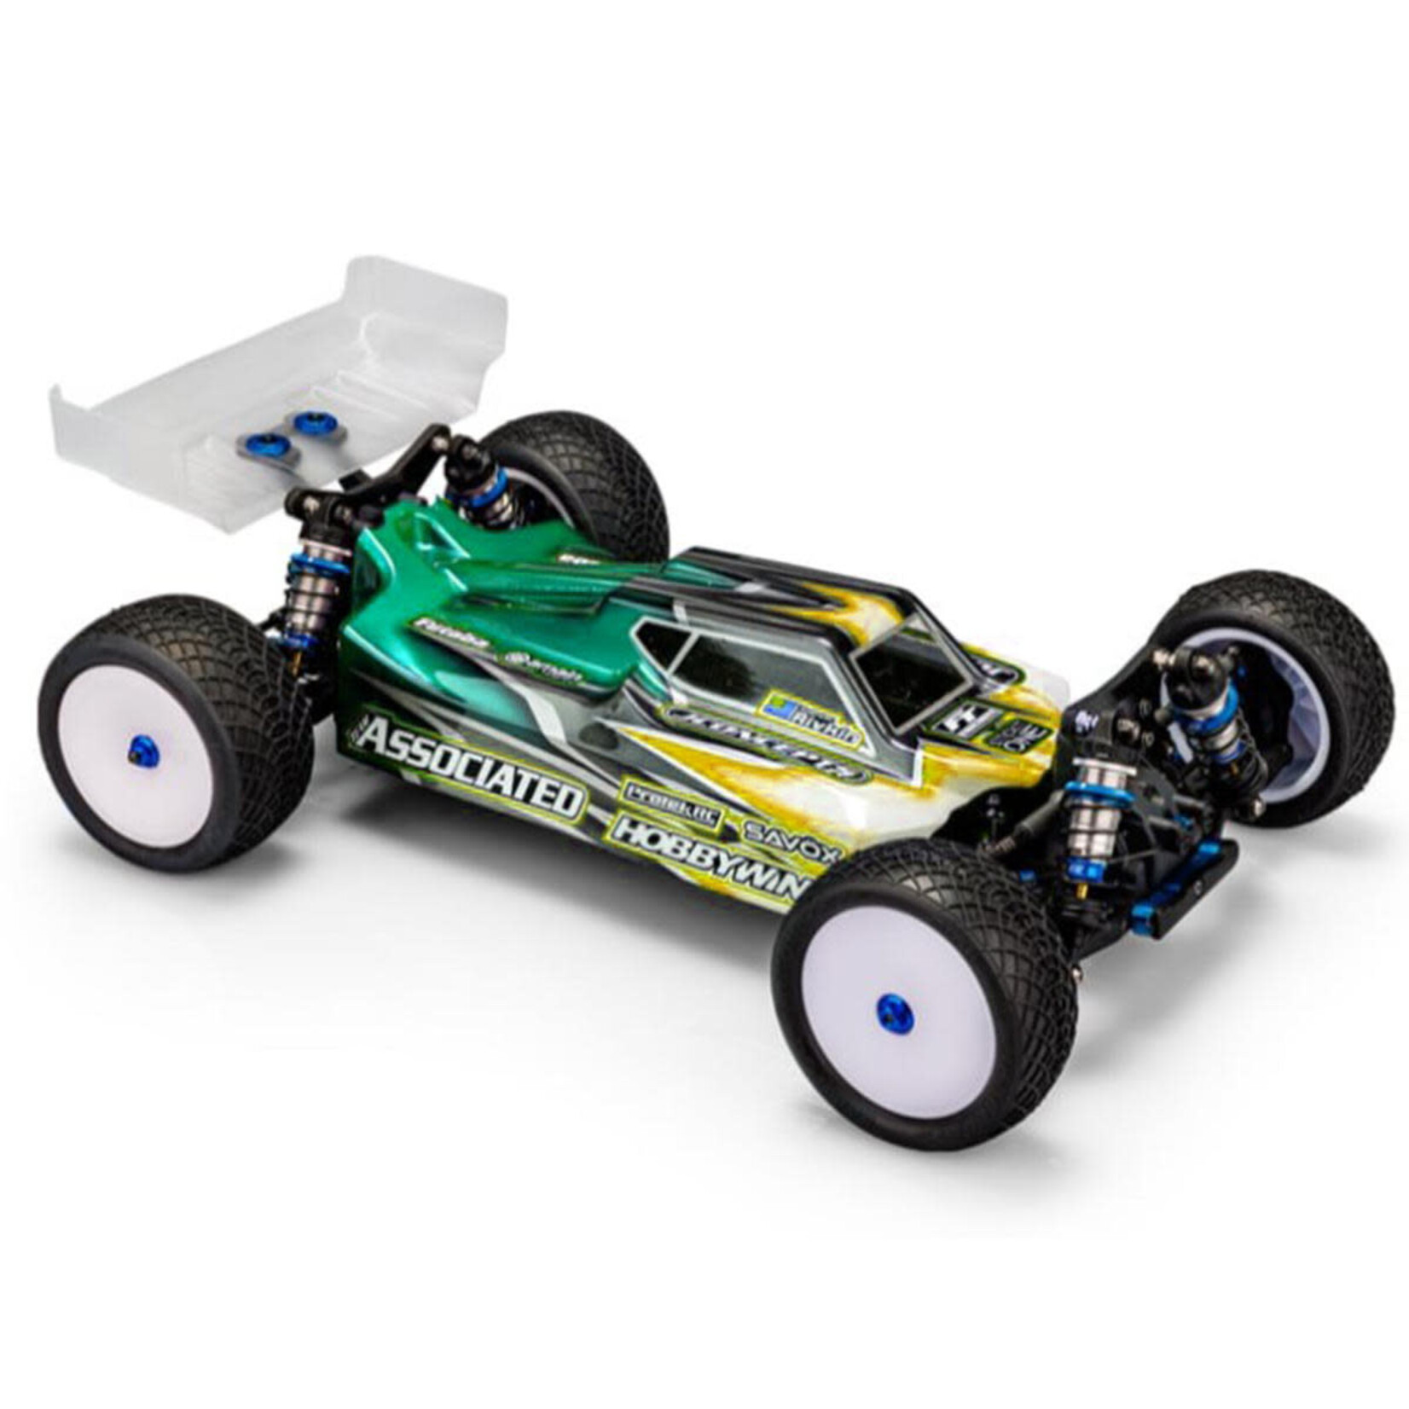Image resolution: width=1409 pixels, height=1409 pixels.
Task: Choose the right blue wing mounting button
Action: [x=307, y=420]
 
